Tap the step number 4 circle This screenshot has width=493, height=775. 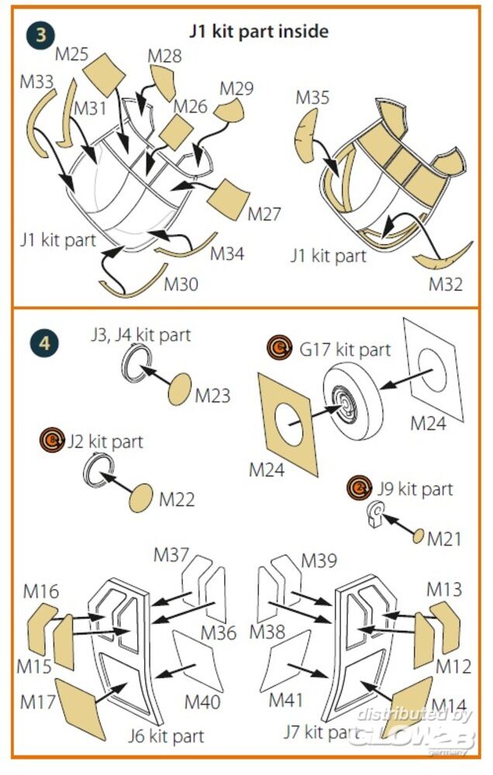pos(44,343)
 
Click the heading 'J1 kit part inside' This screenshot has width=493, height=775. pos(259,31)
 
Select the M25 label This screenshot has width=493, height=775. pos(71,56)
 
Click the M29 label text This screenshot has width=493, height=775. pos(236,88)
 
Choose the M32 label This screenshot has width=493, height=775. pos(446,284)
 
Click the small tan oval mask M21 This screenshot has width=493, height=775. pos(417,536)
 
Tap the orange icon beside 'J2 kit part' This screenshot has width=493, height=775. pos(53,441)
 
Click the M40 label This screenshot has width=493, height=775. pos(201,701)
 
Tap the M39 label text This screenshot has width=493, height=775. pos(318,560)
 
